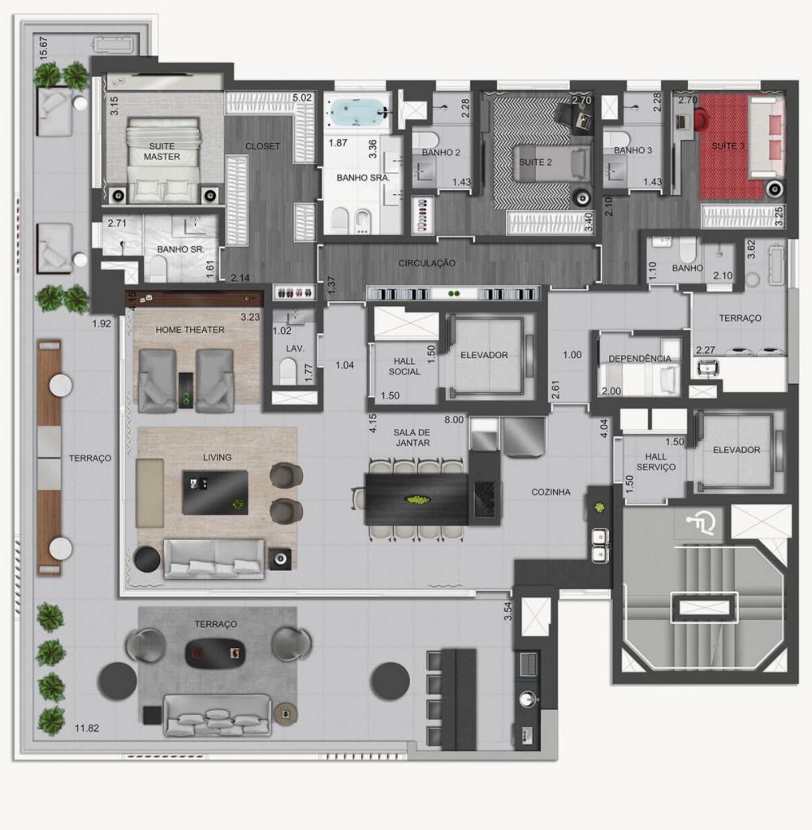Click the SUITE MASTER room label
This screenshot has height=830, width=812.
coord(162,151)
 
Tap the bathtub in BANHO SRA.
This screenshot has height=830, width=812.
coord(357,111)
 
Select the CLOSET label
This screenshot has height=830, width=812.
coord(262,147)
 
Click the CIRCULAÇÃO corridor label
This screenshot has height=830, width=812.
coord(426,263)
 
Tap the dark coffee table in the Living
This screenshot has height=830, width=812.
coord(214,492)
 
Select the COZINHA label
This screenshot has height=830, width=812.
coord(551,492)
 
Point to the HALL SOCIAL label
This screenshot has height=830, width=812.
coord(404,365)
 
